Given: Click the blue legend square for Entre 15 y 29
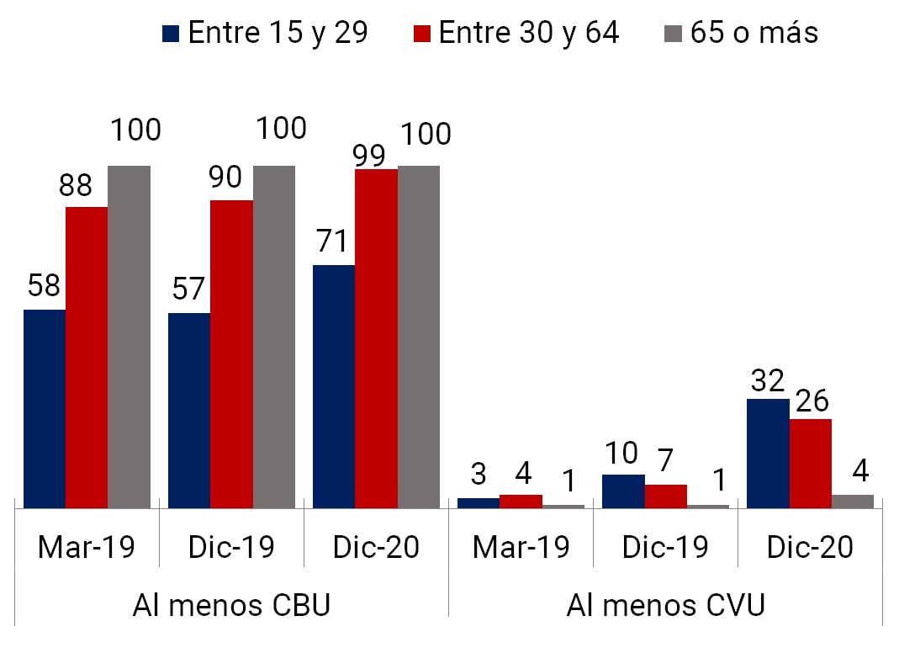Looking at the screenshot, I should tap(172, 34).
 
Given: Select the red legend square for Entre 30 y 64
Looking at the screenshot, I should tap(422, 34).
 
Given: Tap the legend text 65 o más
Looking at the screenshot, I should tap(754, 33).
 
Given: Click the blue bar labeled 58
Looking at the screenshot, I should tap(45, 408).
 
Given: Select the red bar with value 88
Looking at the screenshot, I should tap(87, 357).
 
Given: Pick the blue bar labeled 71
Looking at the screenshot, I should tap(334, 386).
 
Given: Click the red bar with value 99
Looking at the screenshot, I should tap(376, 338).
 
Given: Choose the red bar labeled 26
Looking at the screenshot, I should tap(810, 463).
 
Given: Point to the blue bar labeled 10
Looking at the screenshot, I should tap(623, 491).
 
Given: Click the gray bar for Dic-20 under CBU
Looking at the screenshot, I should tap(418, 337).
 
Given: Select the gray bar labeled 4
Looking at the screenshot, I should tap(852, 501).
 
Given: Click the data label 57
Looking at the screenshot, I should tap(188, 289).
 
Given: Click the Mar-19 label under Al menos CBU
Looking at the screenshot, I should tap(87, 547).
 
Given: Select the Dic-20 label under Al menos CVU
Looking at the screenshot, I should tap(810, 547).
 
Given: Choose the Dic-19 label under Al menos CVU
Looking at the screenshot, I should tap(664, 547).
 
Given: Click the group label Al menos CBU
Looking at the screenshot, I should tap(231, 605).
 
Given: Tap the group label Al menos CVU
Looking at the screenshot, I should tap(665, 605).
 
